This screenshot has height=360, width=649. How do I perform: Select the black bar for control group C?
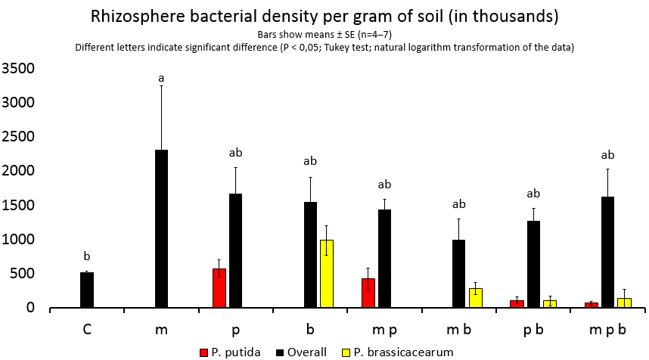[x=87, y=290]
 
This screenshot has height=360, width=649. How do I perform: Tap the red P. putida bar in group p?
[x=219, y=288]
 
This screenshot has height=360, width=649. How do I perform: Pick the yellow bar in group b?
[x=326, y=274]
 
